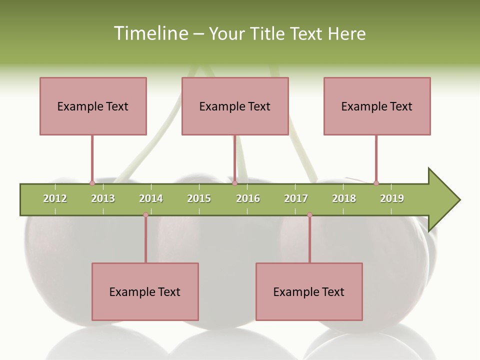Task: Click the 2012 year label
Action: (x=55, y=198)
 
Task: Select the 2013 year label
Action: (x=103, y=198)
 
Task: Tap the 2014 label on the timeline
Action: (x=151, y=198)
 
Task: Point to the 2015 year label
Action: (x=199, y=198)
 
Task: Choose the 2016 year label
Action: (x=248, y=198)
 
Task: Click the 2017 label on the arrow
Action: (x=296, y=198)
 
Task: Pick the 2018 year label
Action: (x=344, y=198)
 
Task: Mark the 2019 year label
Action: (x=392, y=198)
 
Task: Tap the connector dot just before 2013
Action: (x=92, y=183)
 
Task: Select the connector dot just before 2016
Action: (x=234, y=183)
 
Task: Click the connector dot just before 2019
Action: (x=376, y=183)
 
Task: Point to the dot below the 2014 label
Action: (x=145, y=215)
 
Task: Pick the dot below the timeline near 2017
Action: (x=309, y=215)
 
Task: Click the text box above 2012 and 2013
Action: (x=93, y=106)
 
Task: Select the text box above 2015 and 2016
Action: (x=235, y=106)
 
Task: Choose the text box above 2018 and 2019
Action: (x=377, y=106)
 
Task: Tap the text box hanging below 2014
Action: (x=145, y=291)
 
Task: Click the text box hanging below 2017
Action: (x=309, y=291)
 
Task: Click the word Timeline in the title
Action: (x=149, y=33)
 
